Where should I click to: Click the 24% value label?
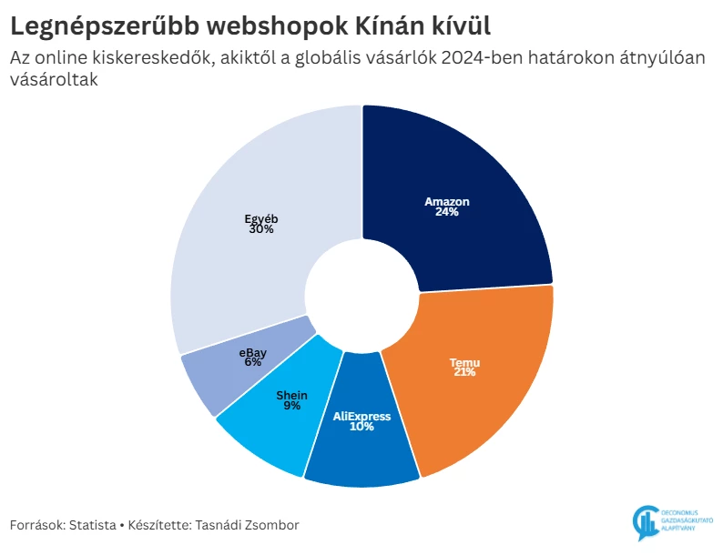tap(447, 212)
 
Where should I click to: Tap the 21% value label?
tap(464, 372)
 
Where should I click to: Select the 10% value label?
tap(361, 427)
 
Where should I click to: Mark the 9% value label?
tap(292, 406)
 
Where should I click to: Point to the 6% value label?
tap(252, 362)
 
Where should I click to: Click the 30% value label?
tap(260, 229)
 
